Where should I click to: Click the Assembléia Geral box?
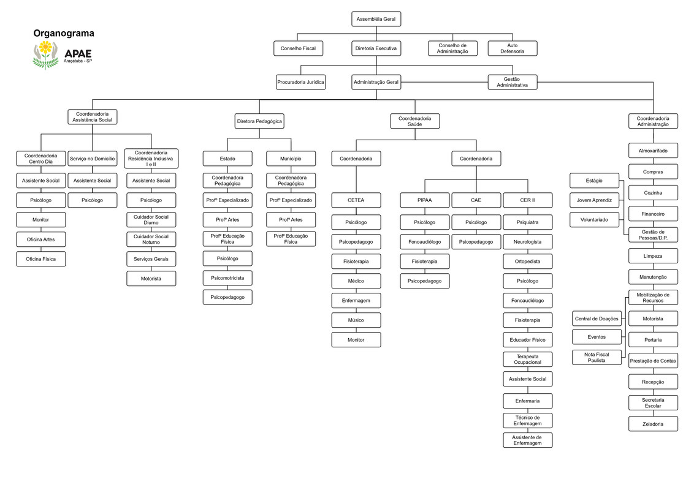tap(376, 20)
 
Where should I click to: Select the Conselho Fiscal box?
tap(298, 48)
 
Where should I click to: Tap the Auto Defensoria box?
tap(512, 48)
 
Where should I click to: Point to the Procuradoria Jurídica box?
tap(300, 82)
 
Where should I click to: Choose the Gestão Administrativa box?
tap(512, 82)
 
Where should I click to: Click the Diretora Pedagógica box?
tap(259, 121)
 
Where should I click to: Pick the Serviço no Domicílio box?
tap(92, 159)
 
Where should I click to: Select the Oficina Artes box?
tap(40, 239)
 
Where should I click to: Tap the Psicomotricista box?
tap(227, 278)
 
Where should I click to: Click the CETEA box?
tap(356, 200)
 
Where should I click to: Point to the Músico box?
tap(356, 320)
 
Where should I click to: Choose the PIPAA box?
tap(424, 200)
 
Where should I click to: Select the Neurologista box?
tap(527, 242)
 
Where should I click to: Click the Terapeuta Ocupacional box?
tap(527, 360)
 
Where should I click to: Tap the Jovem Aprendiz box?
tap(594, 200)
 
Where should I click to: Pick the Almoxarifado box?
tap(653, 151)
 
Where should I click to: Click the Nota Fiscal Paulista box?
tap(597, 358)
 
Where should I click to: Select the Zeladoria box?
tap(653, 424)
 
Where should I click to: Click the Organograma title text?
tap(64, 34)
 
